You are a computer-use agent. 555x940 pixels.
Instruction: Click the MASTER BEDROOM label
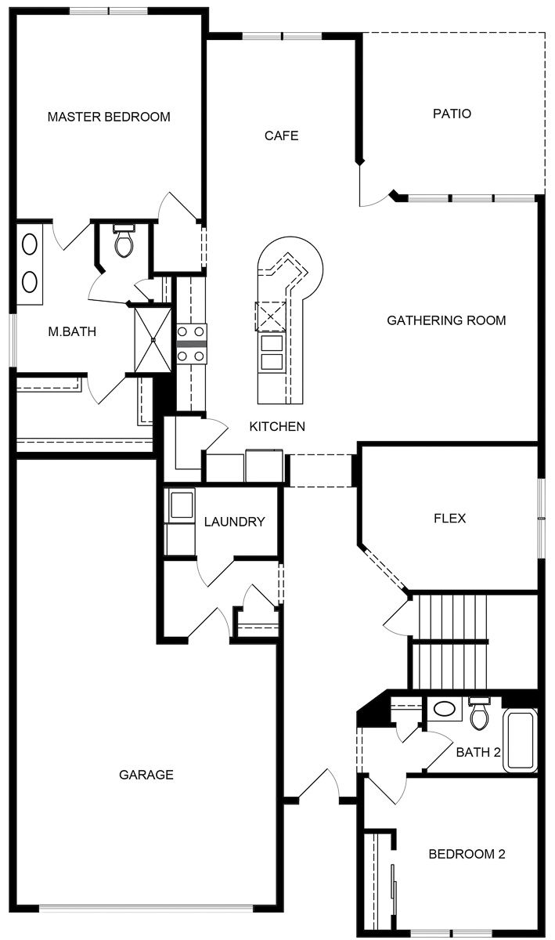109,117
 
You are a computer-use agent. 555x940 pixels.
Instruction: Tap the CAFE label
282,136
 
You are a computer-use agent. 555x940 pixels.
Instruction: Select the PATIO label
452,114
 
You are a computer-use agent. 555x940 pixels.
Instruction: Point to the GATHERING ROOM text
446,320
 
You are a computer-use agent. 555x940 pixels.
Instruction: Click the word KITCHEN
277,427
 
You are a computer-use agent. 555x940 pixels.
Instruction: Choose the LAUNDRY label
234,522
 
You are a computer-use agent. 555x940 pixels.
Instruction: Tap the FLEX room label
450,519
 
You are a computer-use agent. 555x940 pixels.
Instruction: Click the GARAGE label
146,775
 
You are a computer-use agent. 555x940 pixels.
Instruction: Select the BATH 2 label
479,753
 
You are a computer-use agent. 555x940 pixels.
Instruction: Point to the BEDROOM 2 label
467,855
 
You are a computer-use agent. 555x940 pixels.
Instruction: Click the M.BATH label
72,332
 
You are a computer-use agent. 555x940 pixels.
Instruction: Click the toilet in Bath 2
479,714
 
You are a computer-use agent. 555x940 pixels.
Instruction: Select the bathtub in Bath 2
520,740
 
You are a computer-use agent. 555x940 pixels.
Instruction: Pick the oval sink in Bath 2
445,710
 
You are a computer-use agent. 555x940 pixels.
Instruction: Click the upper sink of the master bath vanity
30,244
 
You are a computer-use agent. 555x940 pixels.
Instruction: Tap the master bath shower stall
153,340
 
